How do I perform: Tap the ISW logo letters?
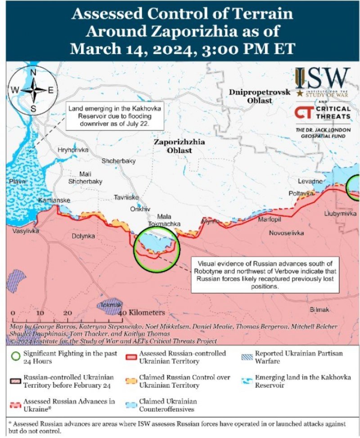pyautogui.click(x=322, y=79)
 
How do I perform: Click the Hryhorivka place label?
pyautogui.click(x=73, y=150)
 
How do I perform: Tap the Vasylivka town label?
pyautogui.click(x=26, y=231)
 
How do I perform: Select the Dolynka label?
pyautogui.click(x=83, y=236)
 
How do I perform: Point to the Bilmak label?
pyautogui.click(x=319, y=310)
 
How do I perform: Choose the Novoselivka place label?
pyautogui.click(x=286, y=233)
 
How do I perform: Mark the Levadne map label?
pyautogui.click(x=310, y=181)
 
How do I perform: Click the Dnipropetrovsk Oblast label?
pyautogui.click(x=260, y=96)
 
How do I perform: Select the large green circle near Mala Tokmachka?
pyautogui.click(x=156, y=249)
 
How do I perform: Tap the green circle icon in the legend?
pyautogui.click(x=16, y=357)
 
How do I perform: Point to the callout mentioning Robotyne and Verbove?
pyautogui.click(x=265, y=273)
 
